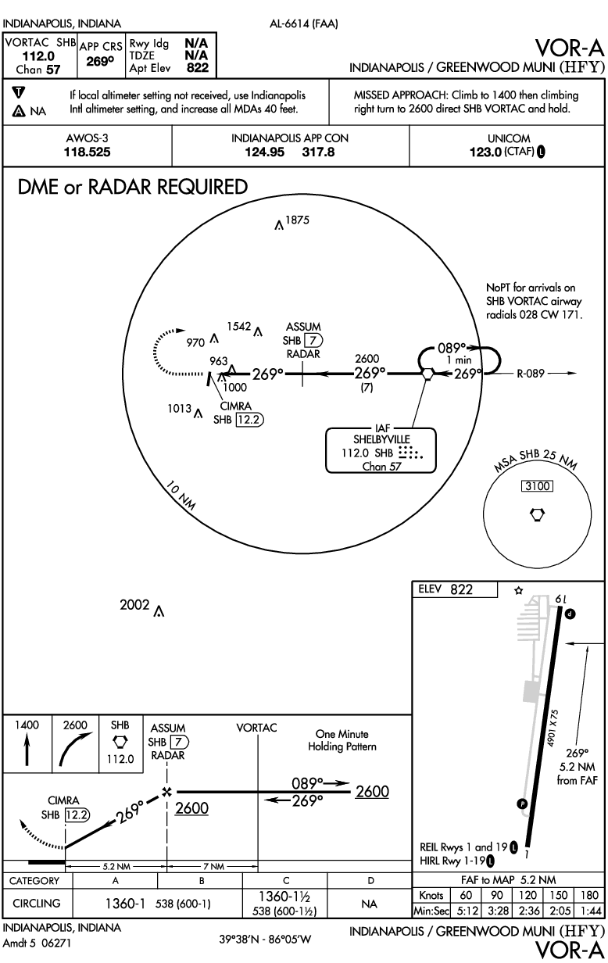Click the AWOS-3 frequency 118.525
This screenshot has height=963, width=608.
click(x=88, y=152)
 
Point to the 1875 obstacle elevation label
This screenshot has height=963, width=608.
click(x=298, y=220)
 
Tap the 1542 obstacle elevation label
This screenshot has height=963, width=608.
click(x=239, y=325)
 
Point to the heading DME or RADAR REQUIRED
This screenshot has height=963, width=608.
click(x=131, y=188)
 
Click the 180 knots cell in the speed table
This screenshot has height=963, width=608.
click(x=592, y=896)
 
